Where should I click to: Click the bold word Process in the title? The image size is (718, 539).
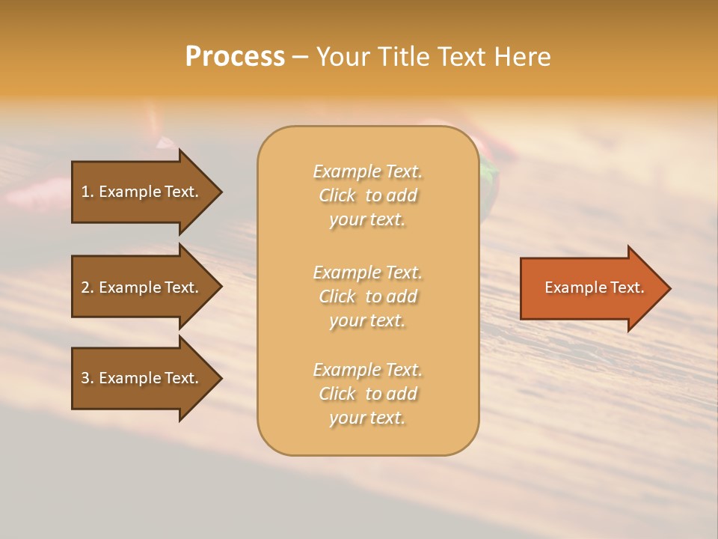(235, 57)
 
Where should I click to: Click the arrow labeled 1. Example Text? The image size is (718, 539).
(142, 192)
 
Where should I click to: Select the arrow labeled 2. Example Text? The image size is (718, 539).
(142, 287)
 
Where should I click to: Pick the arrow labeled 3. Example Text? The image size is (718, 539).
(142, 378)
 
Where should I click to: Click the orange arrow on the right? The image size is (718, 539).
(591, 287)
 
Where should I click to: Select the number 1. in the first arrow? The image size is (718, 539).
(88, 192)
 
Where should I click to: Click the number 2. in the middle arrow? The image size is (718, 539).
(88, 287)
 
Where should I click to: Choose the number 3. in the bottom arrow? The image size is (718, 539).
(88, 378)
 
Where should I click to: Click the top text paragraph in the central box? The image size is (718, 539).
(367, 195)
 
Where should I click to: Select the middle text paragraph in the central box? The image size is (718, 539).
(367, 296)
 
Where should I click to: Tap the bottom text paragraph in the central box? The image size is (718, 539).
(367, 394)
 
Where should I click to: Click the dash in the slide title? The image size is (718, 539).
(300, 57)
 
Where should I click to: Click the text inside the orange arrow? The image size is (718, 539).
(594, 287)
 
